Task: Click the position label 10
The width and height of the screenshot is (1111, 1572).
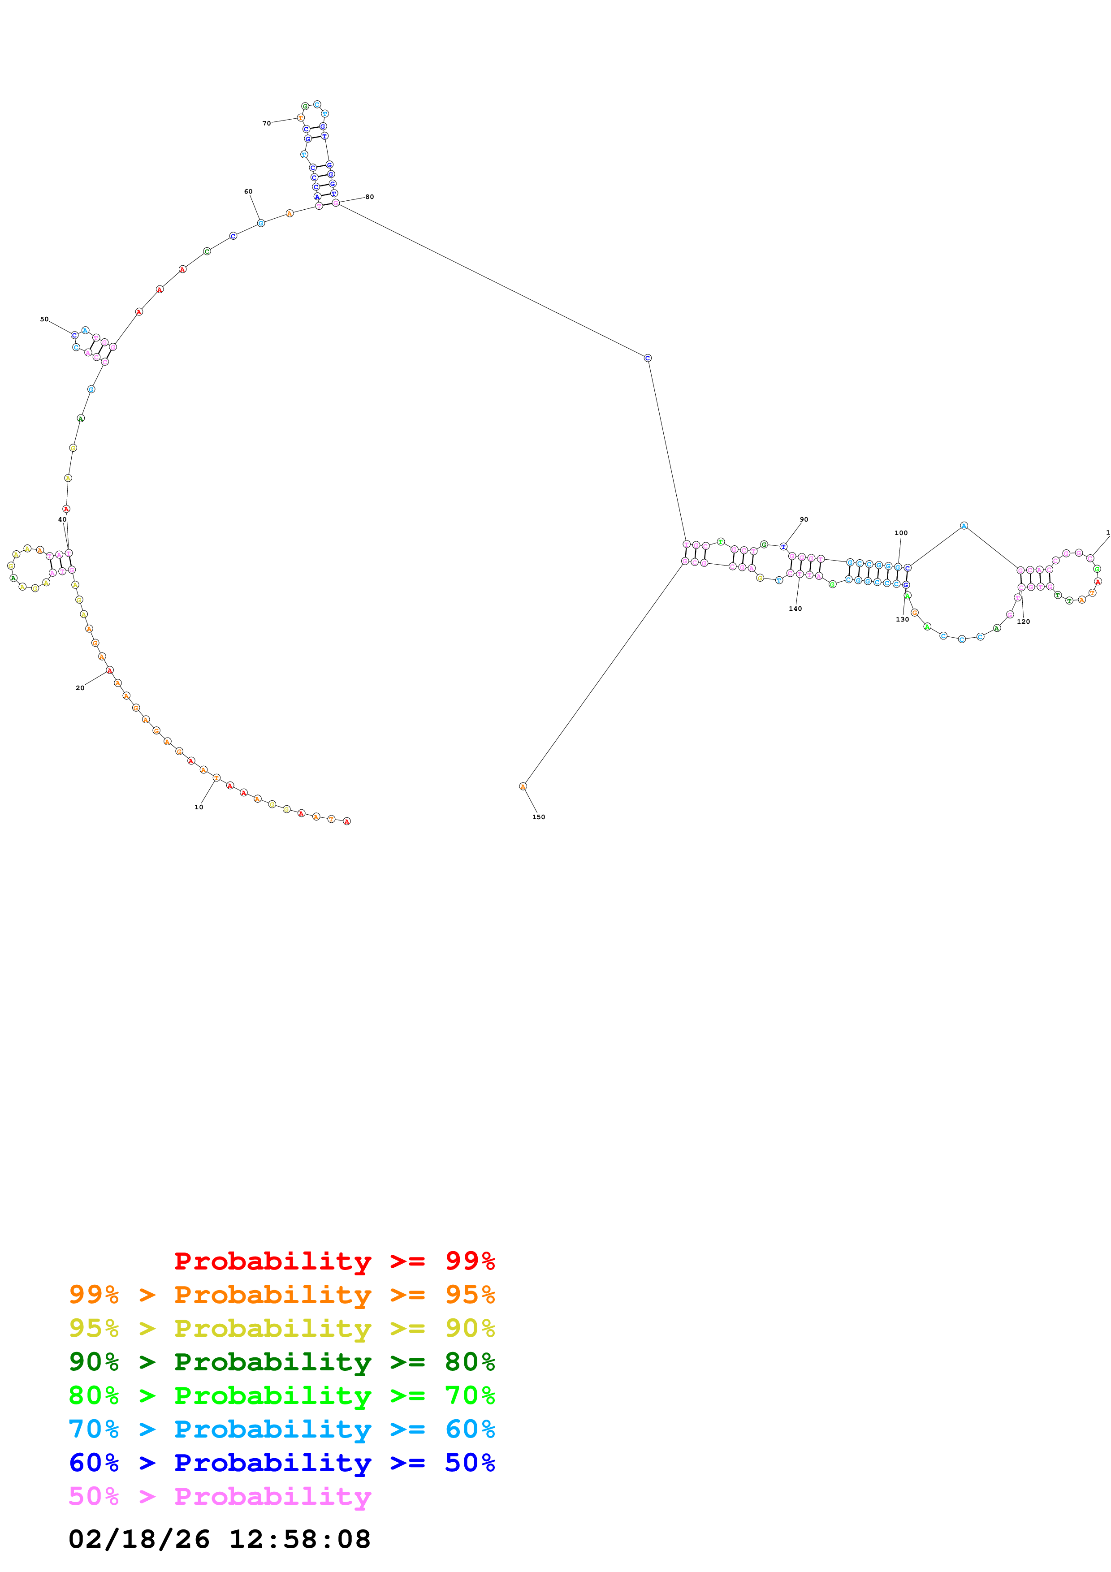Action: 199,807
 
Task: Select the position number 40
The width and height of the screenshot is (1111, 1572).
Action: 62,520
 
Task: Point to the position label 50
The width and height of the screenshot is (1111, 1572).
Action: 44,319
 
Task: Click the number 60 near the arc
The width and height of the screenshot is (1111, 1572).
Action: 248,192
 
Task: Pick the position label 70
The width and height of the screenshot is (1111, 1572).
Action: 266,123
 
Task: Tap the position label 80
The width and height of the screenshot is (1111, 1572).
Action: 370,197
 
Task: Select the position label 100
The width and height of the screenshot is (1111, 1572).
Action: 901,533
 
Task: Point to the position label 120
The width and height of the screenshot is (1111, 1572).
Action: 1023,622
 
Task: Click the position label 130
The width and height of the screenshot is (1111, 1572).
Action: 902,620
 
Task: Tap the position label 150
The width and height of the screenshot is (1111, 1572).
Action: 539,817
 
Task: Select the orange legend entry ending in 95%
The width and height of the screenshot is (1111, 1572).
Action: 282,1294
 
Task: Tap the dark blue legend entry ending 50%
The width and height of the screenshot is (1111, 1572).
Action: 282,1463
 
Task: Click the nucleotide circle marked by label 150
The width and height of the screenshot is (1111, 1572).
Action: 523,787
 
